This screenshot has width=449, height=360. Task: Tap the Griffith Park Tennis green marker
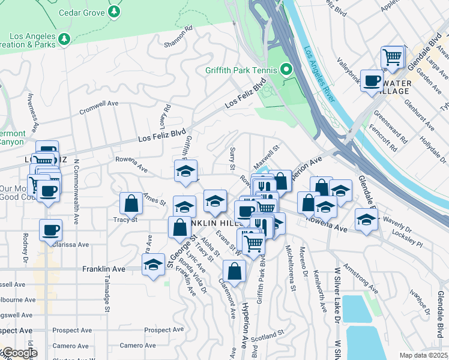click(x=286, y=68)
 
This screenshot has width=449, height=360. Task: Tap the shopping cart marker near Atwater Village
click(x=392, y=58)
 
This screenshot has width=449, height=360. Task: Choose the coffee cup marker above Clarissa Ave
click(x=50, y=229)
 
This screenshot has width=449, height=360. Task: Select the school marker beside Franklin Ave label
click(x=153, y=264)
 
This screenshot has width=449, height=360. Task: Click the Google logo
click(x=19, y=353)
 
